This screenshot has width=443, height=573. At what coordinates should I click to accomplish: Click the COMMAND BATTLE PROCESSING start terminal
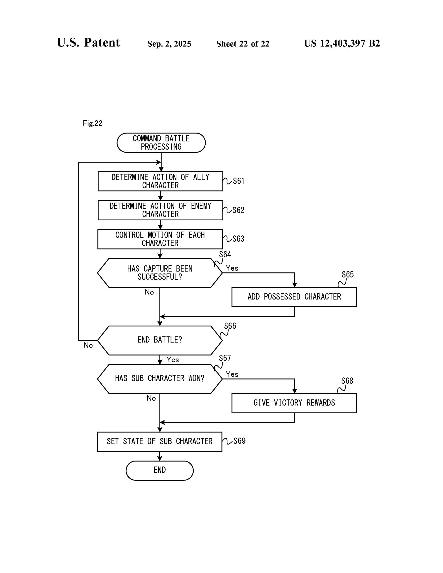tap(161, 142)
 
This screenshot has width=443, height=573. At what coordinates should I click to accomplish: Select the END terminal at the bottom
tap(159, 470)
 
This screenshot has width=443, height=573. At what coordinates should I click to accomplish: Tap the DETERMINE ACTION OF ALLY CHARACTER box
tap(160, 181)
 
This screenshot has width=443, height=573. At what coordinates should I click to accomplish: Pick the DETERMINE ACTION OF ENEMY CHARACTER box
tap(160, 210)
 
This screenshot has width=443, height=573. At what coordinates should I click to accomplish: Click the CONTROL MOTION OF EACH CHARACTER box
tap(160, 239)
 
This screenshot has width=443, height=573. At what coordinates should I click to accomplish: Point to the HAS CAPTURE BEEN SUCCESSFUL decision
tap(159, 273)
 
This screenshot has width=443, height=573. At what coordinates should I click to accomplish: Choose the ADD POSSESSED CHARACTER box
tap(294, 297)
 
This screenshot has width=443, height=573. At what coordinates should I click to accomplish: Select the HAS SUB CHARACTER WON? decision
tap(159, 378)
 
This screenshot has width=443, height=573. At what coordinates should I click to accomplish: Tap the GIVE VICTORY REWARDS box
tap(294, 403)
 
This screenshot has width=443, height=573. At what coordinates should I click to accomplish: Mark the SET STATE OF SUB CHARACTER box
tap(159, 441)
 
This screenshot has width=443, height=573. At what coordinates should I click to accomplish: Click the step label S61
tap(238, 181)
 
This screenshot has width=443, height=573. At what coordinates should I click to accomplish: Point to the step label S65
tap(347, 275)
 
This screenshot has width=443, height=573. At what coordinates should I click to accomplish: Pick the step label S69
tap(239, 441)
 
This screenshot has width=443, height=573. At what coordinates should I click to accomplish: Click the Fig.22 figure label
tap(93, 123)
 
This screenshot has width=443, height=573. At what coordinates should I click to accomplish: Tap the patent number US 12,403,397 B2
tap(342, 43)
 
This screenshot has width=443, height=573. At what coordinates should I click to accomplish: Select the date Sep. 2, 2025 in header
tap(169, 44)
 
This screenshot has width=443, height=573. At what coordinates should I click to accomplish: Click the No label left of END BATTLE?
tap(88, 345)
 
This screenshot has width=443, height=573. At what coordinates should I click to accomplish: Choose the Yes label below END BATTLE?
tap(173, 359)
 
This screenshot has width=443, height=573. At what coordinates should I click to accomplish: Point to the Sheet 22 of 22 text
tap(243, 44)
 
